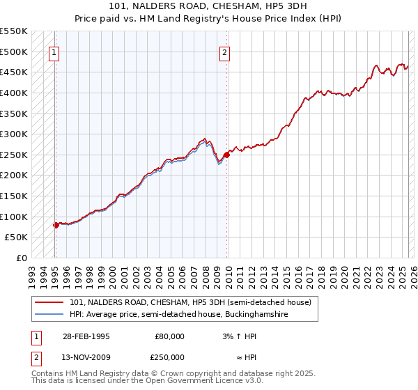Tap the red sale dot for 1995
pos(56,225)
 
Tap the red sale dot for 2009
pos(227,155)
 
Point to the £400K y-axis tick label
pos(14,93)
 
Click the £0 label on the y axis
pos(22,258)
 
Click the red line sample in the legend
pos(49,302)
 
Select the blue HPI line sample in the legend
pos(49,315)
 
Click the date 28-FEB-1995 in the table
pos(86,336)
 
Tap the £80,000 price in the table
pos(169,336)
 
